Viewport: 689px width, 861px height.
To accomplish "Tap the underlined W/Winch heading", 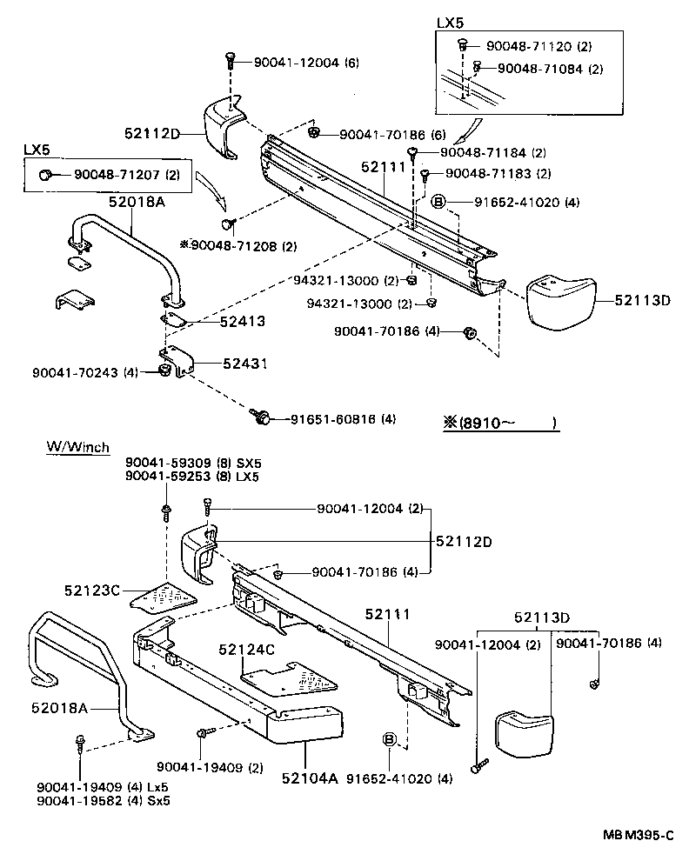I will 77,448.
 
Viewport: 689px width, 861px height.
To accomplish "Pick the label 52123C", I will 91,590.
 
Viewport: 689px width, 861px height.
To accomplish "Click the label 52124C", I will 247,649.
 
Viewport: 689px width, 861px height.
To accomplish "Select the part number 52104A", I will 309,778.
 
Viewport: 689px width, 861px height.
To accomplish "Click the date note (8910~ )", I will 500,424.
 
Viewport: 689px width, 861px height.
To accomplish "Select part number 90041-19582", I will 85,800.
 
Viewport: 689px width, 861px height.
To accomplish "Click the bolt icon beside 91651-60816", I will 259,417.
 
